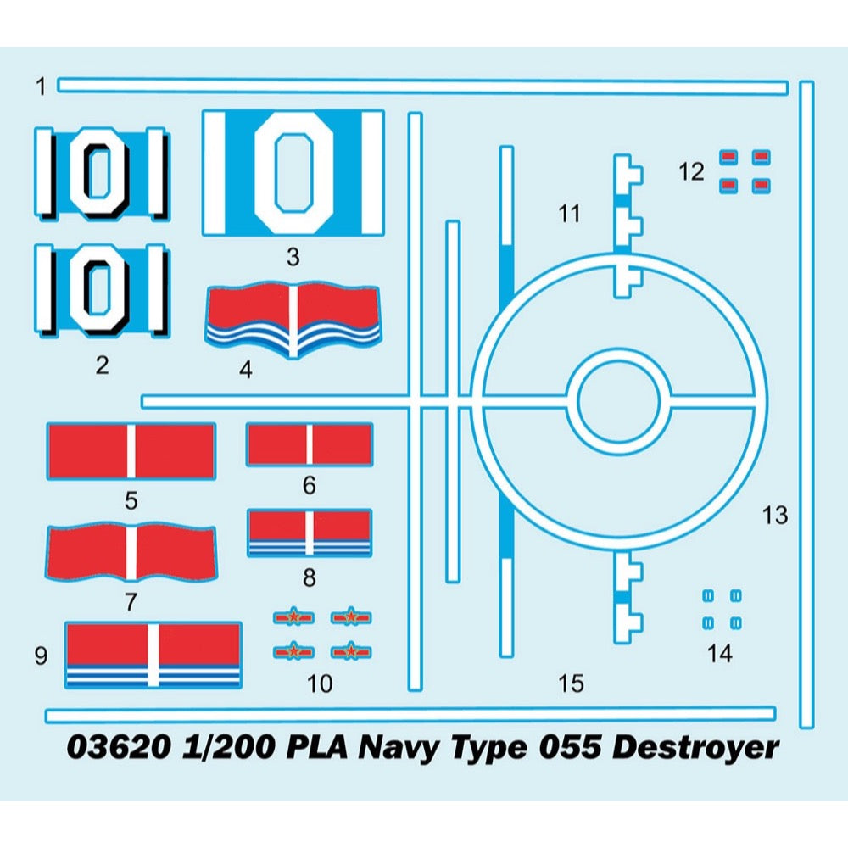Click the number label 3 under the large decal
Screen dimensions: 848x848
click(x=293, y=257)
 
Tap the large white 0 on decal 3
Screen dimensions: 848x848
click(x=293, y=173)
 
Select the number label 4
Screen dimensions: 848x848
click(x=246, y=371)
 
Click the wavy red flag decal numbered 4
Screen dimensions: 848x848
click(x=293, y=320)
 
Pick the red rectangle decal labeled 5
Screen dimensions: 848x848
click(x=131, y=450)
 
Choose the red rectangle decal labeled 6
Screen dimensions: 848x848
click(x=310, y=444)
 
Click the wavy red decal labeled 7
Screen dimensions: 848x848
click(x=131, y=553)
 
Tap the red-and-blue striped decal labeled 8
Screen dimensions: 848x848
click(x=310, y=533)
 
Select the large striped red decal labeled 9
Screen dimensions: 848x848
click(x=153, y=654)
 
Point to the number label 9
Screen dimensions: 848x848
click(x=41, y=656)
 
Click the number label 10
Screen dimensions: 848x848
click(x=321, y=683)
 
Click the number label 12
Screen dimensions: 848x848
click(x=691, y=172)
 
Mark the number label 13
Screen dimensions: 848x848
click(x=774, y=515)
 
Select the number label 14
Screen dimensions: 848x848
click(x=720, y=654)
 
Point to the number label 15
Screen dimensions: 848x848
click(x=572, y=683)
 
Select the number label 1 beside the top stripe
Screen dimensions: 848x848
click(x=41, y=86)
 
